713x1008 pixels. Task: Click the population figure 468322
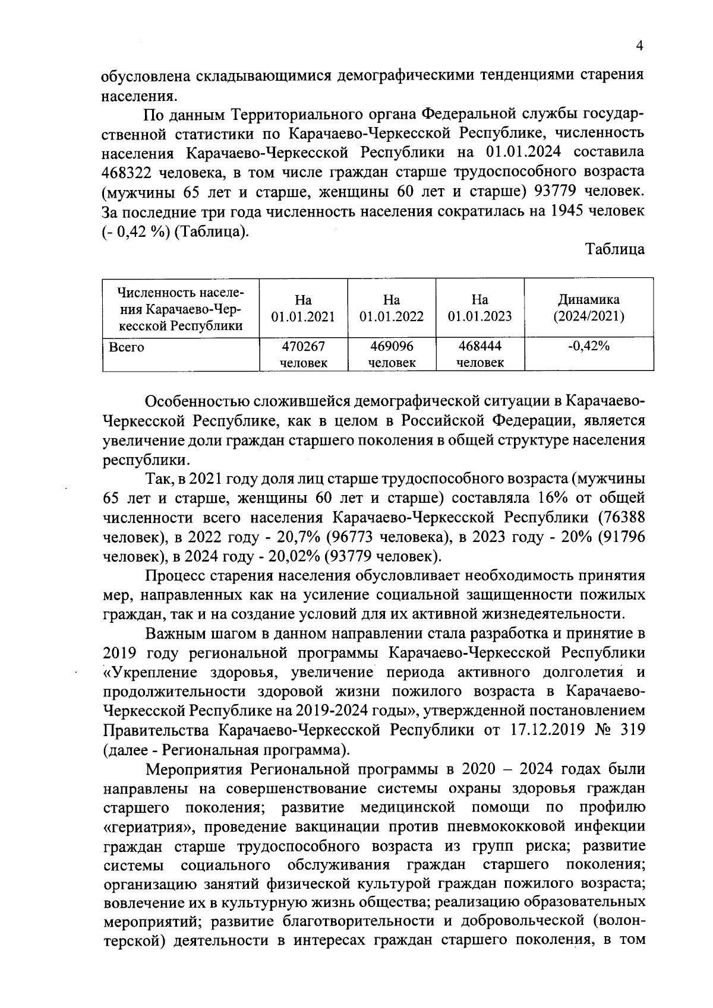click(x=124, y=173)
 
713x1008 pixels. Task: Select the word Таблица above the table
click(x=615, y=250)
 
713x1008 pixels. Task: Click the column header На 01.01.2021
click(x=303, y=308)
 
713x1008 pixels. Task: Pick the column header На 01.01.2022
click(x=392, y=308)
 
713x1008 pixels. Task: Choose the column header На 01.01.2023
click(x=480, y=308)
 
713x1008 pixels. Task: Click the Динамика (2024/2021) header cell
click(x=588, y=308)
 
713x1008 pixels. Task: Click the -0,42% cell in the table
click(x=588, y=346)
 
